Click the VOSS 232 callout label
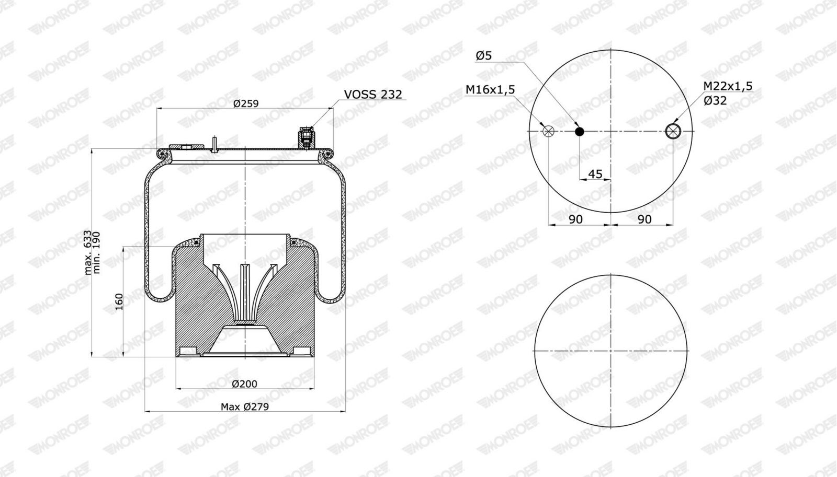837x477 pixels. point(373,95)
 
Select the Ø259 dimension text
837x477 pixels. point(246,103)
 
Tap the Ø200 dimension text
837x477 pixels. point(245,383)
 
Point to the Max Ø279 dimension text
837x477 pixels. point(245,406)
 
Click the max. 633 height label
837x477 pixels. point(87,253)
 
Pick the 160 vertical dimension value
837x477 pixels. point(119,301)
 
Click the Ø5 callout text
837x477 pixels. point(483,55)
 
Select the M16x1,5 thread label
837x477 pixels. point(490,89)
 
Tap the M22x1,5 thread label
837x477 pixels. point(728,86)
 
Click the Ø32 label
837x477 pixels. point(715,100)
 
